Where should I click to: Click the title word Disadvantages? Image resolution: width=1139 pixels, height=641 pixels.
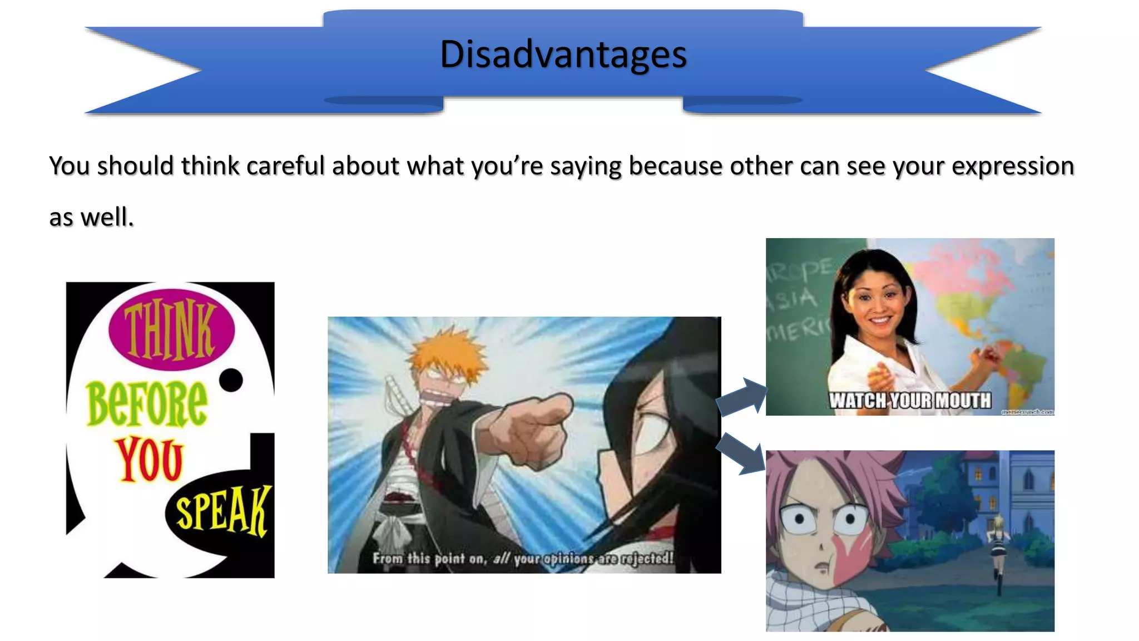[563, 55]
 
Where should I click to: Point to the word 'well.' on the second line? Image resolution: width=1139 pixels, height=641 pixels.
[107, 217]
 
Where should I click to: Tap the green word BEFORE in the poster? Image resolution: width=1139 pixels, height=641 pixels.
[147, 403]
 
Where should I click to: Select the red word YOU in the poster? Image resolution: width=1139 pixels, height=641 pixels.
[149, 460]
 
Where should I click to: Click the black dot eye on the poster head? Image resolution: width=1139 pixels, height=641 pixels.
[230, 380]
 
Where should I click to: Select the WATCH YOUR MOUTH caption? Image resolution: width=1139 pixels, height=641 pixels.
[910, 400]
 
